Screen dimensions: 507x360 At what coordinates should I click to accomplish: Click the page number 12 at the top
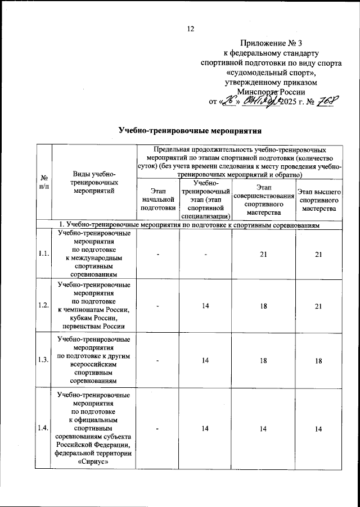(x=190, y=29)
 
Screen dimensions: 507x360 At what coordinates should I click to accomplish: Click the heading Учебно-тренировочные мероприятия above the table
(x=190, y=130)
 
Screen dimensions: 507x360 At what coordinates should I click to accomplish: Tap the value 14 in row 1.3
(x=206, y=360)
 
